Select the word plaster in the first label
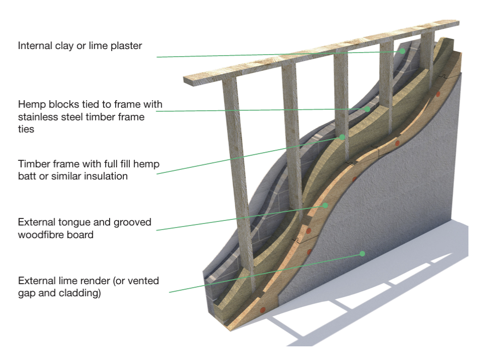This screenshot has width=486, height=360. [127, 46]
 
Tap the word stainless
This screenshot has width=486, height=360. [37, 117]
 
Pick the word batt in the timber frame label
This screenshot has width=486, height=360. [27, 176]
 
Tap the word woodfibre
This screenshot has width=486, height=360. [41, 235]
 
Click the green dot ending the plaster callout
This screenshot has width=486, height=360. [403, 51]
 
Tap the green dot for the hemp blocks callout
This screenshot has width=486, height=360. [368, 109]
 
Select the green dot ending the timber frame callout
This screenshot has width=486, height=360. [342, 137]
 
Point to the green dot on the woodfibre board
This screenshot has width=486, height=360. [326, 205]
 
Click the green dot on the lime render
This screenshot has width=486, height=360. [362, 253]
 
